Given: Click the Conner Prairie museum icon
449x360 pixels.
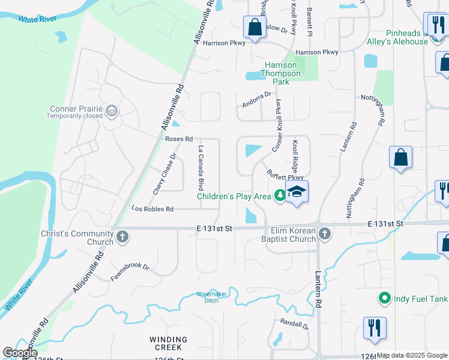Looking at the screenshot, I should [x=111, y=110].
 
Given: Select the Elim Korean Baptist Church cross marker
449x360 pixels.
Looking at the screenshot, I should [x=325, y=233].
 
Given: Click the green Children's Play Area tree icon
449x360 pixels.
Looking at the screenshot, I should [x=280, y=195].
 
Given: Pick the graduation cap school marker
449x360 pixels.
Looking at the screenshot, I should [x=297, y=192].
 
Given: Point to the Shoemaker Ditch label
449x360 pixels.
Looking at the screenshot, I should [x=210, y=298].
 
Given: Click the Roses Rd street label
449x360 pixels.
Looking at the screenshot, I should [x=179, y=139].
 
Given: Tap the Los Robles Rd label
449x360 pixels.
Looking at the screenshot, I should [x=152, y=209].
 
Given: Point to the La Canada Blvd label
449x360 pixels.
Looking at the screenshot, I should [x=202, y=164].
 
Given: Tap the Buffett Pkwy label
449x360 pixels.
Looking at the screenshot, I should [x=285, y=174].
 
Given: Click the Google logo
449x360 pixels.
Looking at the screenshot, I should [x=20, y=353].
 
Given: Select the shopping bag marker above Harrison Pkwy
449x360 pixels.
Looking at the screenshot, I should [x=255, y=27].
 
